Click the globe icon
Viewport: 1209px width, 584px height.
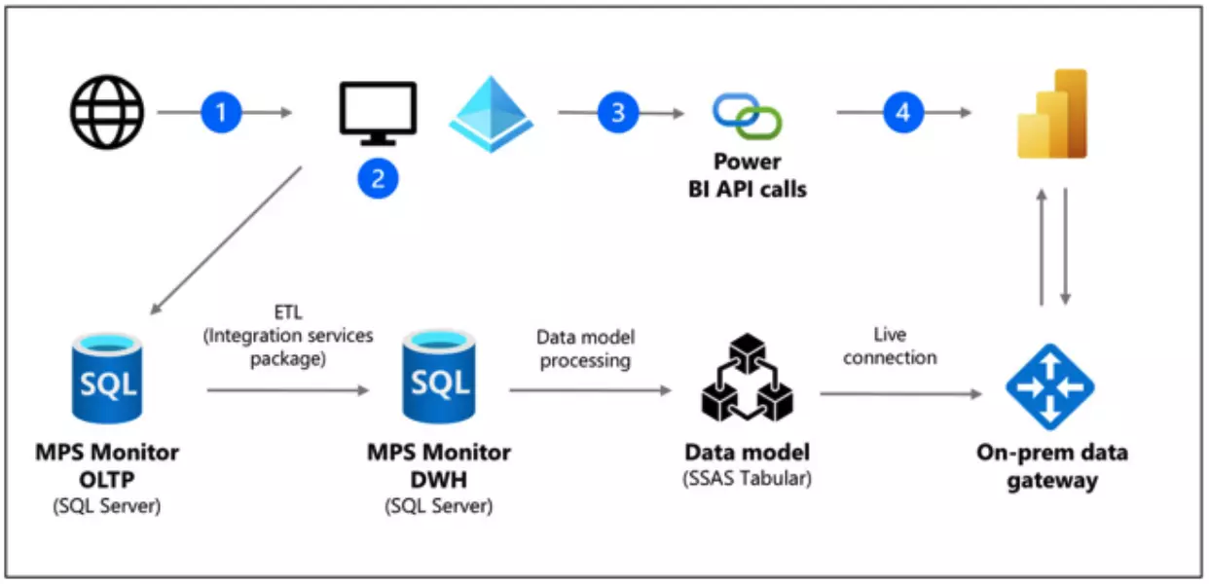point(107,113)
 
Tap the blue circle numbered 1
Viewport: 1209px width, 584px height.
point(221,113)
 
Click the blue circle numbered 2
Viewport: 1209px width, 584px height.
point(378,178)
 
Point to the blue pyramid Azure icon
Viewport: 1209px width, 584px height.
point(492,114)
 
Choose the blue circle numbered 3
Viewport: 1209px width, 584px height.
point(617,113)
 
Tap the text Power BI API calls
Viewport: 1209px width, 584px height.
point(747,175)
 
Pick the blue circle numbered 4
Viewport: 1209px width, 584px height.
point(903,113)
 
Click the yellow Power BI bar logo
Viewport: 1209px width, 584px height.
point(1051,114)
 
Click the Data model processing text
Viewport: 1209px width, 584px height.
point(585,348)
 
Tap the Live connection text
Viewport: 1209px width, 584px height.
point(890,347)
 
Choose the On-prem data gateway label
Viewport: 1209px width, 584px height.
point(1051,467)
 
